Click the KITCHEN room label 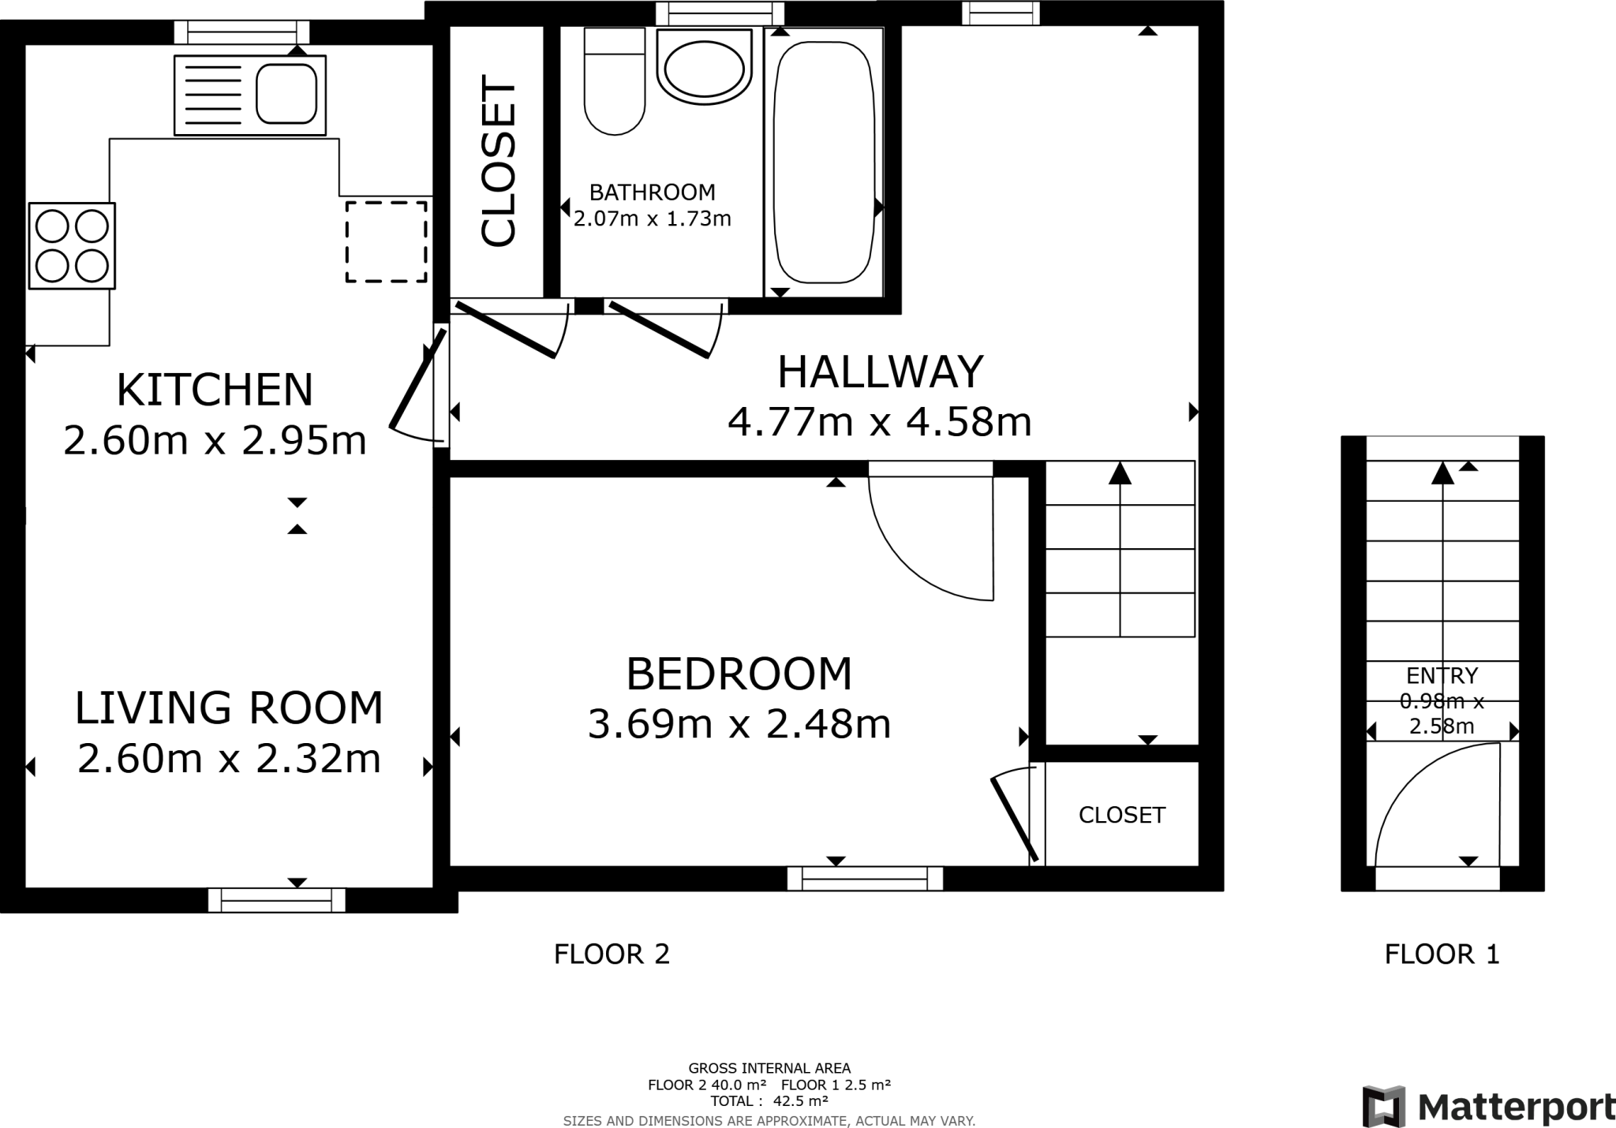[215, 390]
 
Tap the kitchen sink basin [286, 94]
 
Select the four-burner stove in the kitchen [72, 245]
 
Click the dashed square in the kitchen [386, 241]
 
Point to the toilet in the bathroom [615, 81]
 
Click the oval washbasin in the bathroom [704, 68]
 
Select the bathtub [824, 162]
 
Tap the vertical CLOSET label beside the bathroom [498, 160]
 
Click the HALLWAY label [881, 372]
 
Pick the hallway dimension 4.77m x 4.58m [880, 422]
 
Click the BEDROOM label [739, 674]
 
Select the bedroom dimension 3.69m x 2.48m [739, 724]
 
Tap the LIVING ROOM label [229, 708]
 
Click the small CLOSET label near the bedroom [1122, 815]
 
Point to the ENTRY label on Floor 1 [1442, 675]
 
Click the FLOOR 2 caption [612, 954]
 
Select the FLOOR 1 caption [1442, 954]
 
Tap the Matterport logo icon [1384, 1107]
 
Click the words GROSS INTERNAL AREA [769, 1069]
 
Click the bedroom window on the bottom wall [865, 878]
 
